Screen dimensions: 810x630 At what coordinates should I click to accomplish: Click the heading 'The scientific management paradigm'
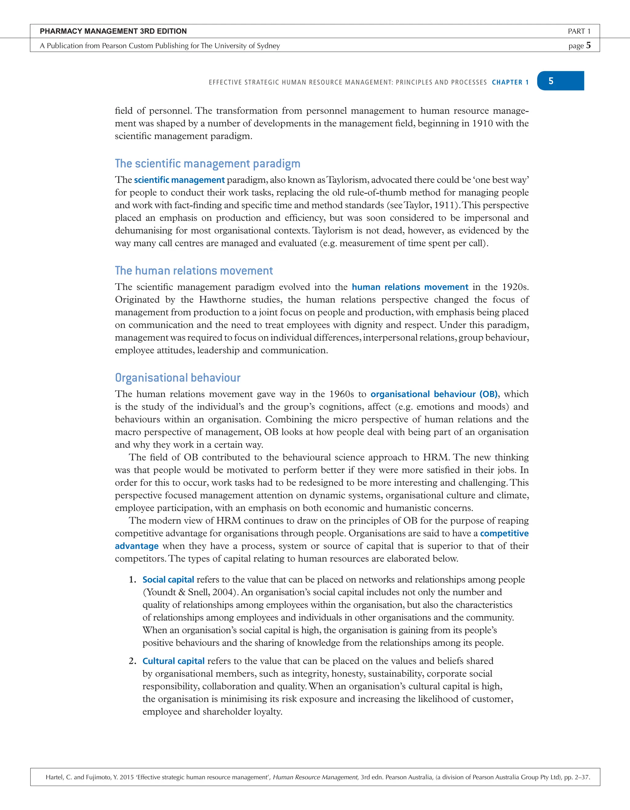pos(207,164)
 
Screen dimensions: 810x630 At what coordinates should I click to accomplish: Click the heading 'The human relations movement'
pos(193,271)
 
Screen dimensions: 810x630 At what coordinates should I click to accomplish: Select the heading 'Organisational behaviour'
pos(177,377)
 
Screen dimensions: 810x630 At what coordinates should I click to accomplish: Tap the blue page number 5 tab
pos(560,81)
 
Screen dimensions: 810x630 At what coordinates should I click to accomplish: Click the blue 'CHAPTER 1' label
pos(510,82)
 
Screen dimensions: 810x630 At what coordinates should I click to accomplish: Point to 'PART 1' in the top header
pos(579,31)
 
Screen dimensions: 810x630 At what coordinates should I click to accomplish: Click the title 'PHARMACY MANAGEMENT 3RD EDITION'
pos(113,31)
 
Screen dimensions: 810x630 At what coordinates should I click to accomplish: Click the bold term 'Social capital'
pos(168,579)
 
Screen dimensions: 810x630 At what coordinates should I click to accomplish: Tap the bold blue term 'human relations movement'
pos(410,287)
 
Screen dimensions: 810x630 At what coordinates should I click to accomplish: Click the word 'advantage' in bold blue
pos(137,546)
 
